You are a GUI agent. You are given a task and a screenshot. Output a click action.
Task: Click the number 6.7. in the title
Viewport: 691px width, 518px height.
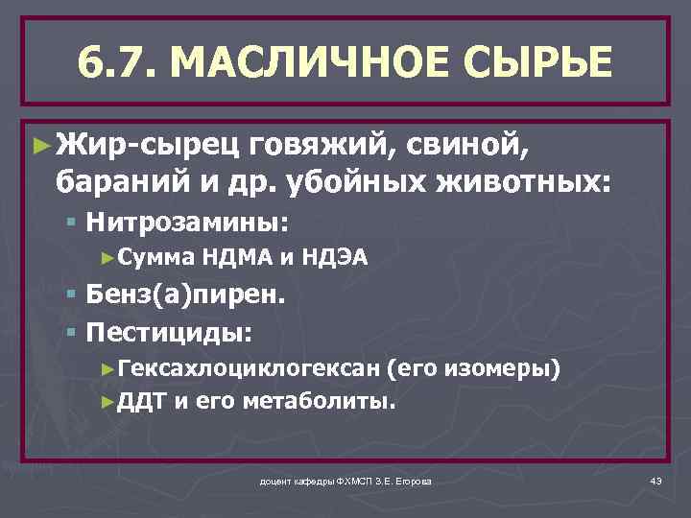pyautogui.click(x=124, y=63)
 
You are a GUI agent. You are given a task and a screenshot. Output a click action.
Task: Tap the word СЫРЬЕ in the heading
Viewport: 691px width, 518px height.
pyautogui.click(x=531, y=63)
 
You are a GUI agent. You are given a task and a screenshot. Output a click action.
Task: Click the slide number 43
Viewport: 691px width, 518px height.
pyautogui.click(x=656, y=480)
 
